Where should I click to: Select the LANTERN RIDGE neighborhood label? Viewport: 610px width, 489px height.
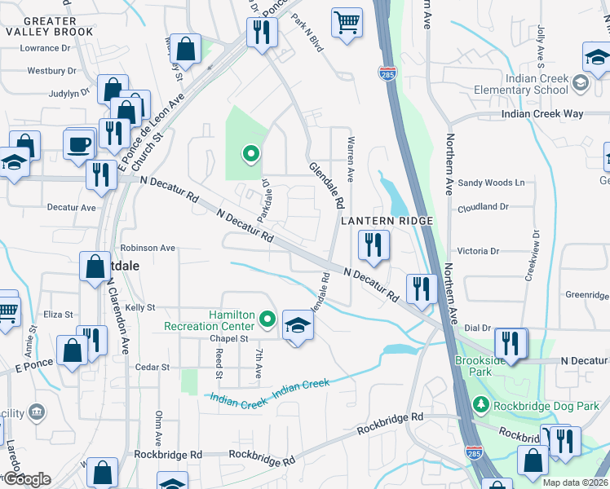(386, 221)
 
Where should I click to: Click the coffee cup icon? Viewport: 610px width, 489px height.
(79, 144)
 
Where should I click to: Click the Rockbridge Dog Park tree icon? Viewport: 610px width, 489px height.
(481, 403)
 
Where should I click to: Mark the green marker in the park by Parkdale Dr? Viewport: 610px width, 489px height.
(251, 152)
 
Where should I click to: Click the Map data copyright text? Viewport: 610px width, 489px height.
(574, 482)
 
